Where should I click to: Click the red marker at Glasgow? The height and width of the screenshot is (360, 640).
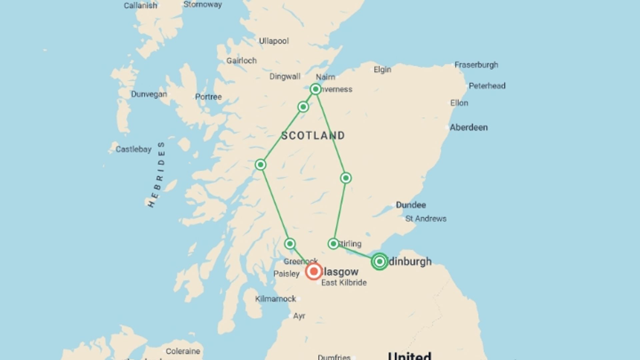click(314, 271)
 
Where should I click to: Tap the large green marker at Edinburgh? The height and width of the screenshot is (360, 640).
click(379, 261)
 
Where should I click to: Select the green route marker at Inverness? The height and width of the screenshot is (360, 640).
click(315, 89)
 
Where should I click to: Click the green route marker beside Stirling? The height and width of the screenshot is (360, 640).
click(333, 244)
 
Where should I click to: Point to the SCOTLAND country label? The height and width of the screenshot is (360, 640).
click(313, 135)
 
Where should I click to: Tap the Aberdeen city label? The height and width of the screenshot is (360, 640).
click(469, 127)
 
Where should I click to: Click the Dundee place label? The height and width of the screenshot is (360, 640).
click(411, 205)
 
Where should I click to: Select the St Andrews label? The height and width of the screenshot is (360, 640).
click(426, 219)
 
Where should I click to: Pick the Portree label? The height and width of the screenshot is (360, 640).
click(208, 97)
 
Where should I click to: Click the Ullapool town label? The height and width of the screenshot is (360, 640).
click(274, 41)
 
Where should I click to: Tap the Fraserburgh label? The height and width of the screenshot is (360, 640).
click(476, 65)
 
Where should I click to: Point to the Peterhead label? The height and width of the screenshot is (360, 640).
click(487, 86)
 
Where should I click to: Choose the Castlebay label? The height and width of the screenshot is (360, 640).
click(133, 149)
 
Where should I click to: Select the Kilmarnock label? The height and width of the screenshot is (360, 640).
click(275, 299)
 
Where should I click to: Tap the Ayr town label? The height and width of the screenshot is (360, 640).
click(299, 316)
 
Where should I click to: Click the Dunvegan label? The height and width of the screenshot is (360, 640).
click(149, 94)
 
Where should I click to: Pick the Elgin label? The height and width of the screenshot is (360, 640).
click(382, 70)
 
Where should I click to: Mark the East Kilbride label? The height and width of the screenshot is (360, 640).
click(344, 283)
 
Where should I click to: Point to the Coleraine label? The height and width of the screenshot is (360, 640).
click(183, 351)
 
